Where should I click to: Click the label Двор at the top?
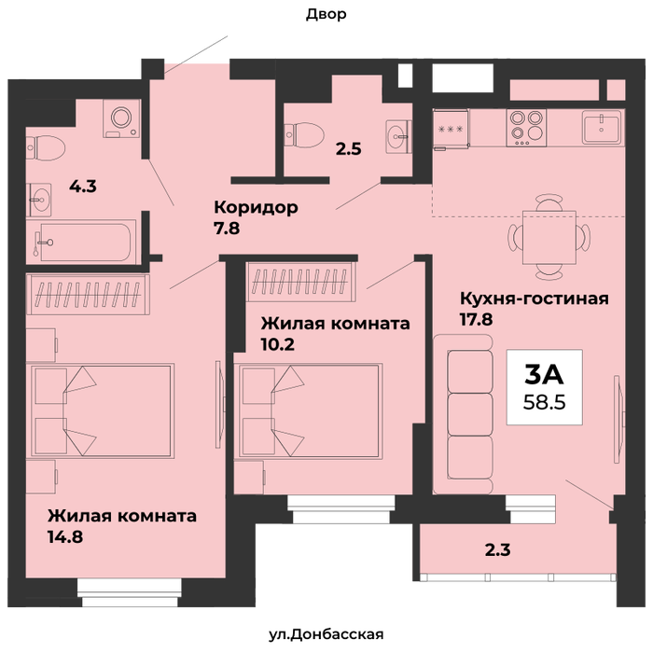coord(326,15)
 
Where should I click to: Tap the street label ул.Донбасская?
coord(326,634)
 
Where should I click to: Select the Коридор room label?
coord(256,207)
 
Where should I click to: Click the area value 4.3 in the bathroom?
coord(83,187)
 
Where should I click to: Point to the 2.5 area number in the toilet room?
coord(349,148)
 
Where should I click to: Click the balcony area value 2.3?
coord(497,549)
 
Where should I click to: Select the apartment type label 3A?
coord(544,374)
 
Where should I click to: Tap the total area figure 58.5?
coord(544,402)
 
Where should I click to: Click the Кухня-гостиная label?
coord(535,299)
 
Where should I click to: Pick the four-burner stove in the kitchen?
coord(526,128)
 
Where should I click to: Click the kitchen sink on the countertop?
coord(602,127)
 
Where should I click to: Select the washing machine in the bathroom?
coord(121,118)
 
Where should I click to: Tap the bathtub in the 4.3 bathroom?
coord(81,242)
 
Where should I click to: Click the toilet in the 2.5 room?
coord(304,134)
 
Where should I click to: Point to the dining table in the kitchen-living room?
coord(549,237)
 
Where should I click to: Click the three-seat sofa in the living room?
coord(464,414)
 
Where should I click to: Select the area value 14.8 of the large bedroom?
coord(65,536)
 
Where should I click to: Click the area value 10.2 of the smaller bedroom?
coord(278,344)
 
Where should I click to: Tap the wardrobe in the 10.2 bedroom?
coord(300,282)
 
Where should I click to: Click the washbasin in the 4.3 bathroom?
coord(39,200)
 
